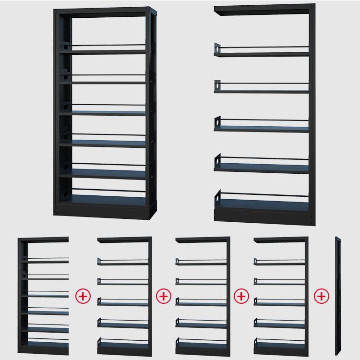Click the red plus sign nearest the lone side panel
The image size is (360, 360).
coord(322,297)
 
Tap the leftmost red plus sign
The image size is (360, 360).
coord(83,297)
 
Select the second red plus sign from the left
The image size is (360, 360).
coord(164,297)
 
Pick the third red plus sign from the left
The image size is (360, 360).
coord(241,297)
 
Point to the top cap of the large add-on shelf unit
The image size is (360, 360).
coord(264,9)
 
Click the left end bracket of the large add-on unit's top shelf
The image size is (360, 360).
coord(217,49)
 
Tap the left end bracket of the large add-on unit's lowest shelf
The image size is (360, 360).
coord(218,196)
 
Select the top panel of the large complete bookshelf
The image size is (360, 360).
coord(105,11)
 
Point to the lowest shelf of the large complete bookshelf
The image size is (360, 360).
coord(103,200)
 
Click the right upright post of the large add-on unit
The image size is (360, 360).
coord(312,115)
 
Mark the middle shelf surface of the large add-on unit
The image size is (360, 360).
coord(262,129)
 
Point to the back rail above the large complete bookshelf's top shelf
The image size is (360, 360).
coord(108,46)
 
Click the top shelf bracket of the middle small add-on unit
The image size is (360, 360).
coord(178,261)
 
